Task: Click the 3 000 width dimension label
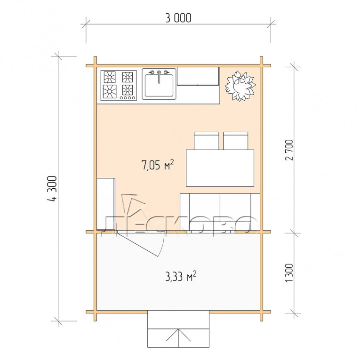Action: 178,18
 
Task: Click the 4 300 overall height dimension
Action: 52,189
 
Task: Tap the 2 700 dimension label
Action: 289,150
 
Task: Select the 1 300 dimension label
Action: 289,273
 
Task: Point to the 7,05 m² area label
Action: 158,165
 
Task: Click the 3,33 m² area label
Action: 181,276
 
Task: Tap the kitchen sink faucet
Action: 159,76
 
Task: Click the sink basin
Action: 159,85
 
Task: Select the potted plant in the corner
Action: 240,86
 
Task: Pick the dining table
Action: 220,168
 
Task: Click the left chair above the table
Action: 207,141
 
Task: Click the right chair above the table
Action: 236,141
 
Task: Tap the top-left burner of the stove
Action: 110,77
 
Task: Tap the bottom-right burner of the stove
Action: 128,90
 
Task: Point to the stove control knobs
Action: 128,98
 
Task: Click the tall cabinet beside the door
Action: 106,204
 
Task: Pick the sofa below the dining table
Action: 220,212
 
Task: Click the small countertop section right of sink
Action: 198,76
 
